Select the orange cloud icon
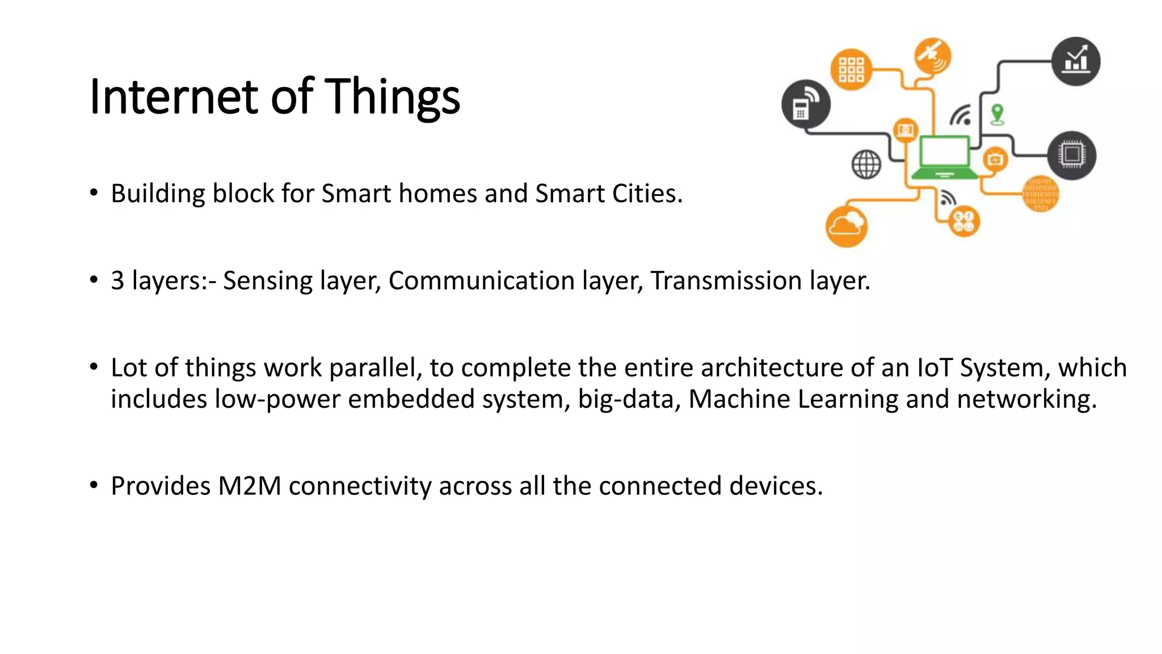pyautogui.click(x=846, y=227)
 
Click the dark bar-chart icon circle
pyautogui.click(x=1075, y=61)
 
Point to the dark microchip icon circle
pyautogui.click(x=1071, y=155)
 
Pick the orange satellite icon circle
pyautogui.click(x=932, y=56)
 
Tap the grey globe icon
pyautogui.click(x=866, y=165)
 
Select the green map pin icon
pyautogui.click(x=997, y=114)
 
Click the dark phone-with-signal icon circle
pyautogui.click(x=805, y=104)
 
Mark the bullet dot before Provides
pyautogui.click(x=94, y=485)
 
